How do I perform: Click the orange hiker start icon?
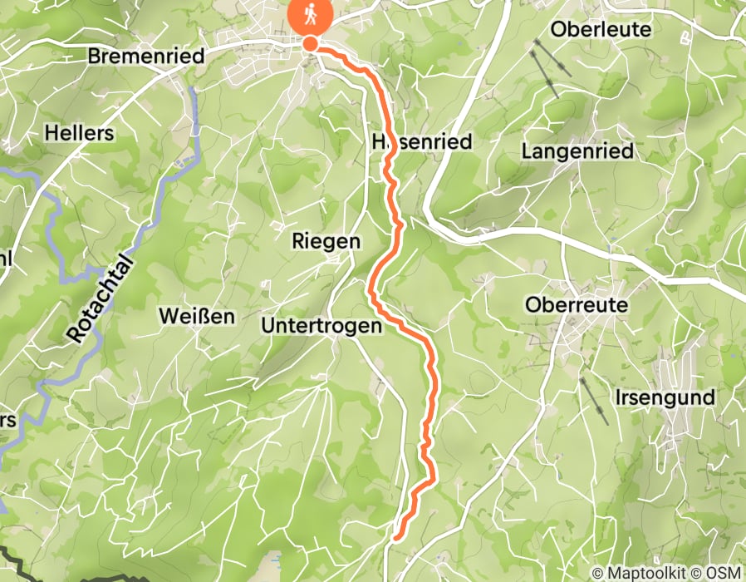click(x=310, y=15)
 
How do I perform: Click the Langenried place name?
click(x=577, y=151)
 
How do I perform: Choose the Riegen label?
click(x=326, y=241)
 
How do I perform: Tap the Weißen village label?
click(x=197, y=316)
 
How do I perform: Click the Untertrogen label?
click(x=321, y=326)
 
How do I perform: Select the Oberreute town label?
click(x=576, y=305)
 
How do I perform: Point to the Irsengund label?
click(x=665, y=397)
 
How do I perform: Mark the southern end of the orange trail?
click(x=396, y=536)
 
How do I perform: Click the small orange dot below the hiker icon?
click(x=310, y=43)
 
